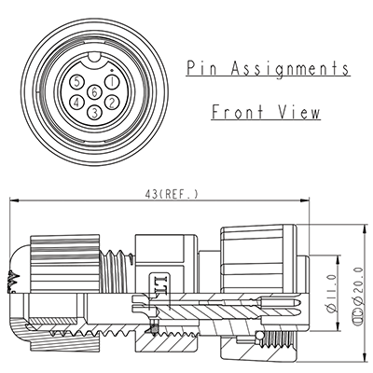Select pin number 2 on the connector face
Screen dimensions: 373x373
tap(112, 101)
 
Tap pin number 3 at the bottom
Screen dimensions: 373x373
tap(94, 112)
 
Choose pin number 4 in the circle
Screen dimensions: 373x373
tap(77, 101)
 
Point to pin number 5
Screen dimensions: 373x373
tap(76, 82)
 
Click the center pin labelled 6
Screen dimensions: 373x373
tap(94, 92)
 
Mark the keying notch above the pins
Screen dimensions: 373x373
tap(94, 68)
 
